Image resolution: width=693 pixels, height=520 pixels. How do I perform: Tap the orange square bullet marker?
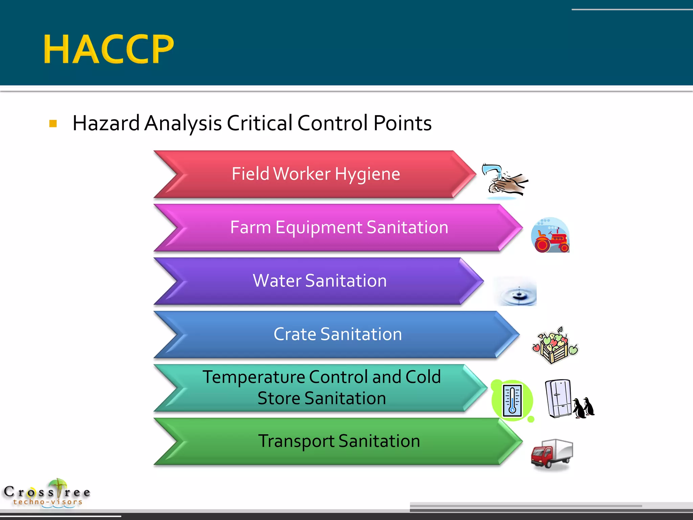53,123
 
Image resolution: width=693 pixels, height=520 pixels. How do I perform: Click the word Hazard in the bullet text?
106,123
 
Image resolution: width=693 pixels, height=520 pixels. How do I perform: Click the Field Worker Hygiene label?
316,174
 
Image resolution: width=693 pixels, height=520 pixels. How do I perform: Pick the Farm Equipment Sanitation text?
339,227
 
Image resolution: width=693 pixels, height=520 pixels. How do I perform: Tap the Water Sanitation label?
320,281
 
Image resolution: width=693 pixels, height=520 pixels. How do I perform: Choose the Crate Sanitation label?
338,334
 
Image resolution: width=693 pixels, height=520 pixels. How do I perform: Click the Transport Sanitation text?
339,441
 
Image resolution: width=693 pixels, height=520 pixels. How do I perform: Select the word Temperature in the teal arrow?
254,377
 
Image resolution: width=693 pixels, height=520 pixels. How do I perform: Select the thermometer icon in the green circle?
512,400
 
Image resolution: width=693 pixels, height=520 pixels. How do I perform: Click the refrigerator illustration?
558,398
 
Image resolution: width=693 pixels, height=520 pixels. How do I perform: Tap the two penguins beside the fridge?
584,408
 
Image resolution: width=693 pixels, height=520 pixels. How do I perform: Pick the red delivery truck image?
552,454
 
